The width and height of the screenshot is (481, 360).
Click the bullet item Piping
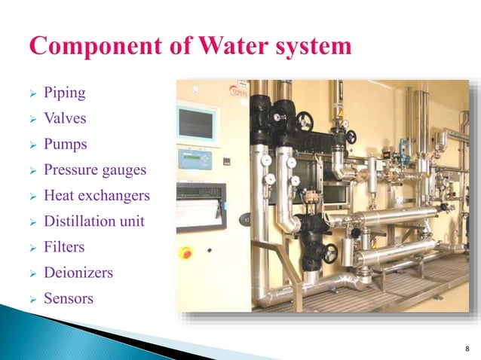(64, 93)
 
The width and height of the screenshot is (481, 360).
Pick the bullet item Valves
(65, 119)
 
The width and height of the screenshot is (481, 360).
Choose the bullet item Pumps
(66, 145)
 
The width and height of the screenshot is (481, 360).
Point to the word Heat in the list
(60, 196)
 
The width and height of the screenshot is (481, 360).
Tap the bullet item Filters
(64, 247)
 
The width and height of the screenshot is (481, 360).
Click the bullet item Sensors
(69, 298)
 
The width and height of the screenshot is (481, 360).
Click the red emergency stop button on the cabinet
(185, 252)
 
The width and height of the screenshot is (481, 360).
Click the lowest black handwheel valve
(330, 254)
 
